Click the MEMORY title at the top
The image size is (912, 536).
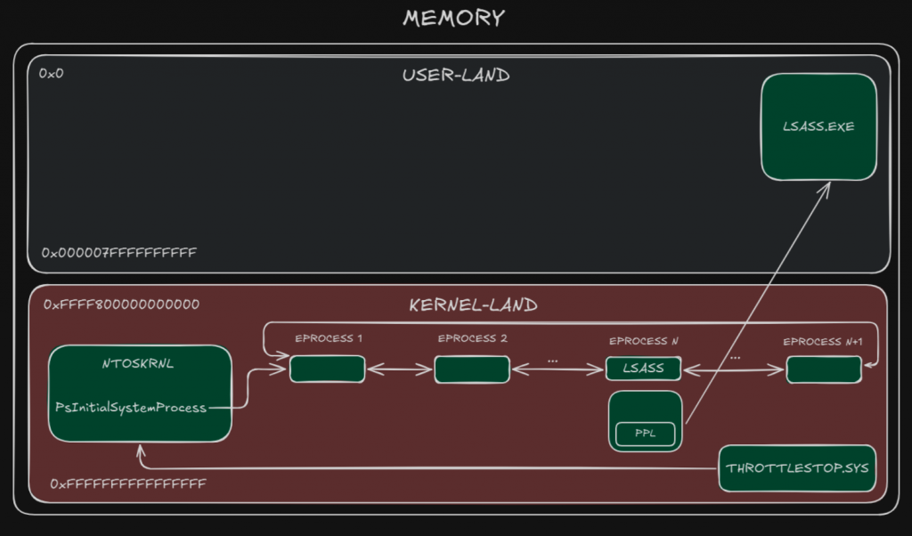point(453,18)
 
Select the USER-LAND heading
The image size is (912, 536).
point(456,75)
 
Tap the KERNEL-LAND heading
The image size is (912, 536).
point(473,305)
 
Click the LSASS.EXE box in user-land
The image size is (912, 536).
point(818,126)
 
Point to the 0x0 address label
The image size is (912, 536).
point(52,72)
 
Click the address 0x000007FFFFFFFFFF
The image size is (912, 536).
point(118,253)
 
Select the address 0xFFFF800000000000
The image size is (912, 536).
point(121,305)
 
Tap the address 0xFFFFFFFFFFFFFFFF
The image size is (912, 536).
point(128,483)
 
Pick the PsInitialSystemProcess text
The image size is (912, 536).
point(130,408)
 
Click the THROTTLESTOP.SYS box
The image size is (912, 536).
point(797,468)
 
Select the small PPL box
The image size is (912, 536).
point(645,434)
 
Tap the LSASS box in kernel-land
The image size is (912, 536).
point(643,369)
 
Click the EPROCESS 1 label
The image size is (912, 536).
point(329,339)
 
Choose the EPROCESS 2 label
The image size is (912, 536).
point(472,339)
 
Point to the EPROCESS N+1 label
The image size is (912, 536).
point(824,341)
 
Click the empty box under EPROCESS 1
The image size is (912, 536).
point(328,370)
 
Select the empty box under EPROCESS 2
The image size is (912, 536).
point(472,370)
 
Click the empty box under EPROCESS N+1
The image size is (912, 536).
point(824,370)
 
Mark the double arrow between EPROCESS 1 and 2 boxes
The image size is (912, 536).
point(400,370)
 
